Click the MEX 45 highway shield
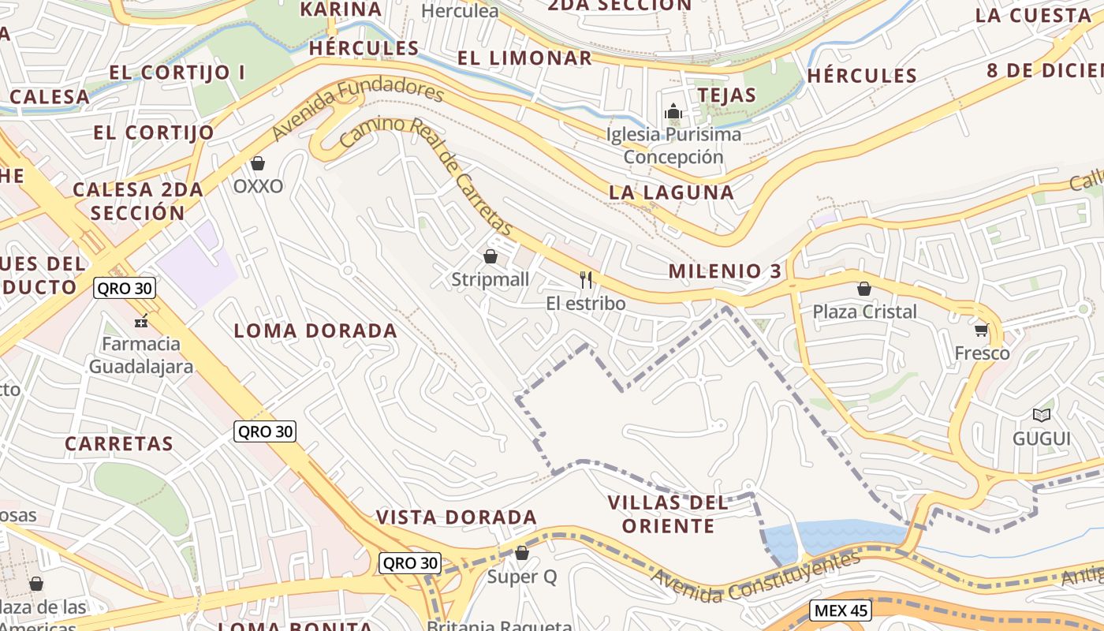click(840, 610)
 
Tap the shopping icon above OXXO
click(257, 163)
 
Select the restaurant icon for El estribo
click(585, 279)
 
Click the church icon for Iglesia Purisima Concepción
click(673, 111)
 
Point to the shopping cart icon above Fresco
click(981, 330)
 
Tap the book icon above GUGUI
click(1042, 415)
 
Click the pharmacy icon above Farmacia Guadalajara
click(141, 320)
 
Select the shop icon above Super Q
click(521, 553)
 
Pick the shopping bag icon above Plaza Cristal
click(864, 288)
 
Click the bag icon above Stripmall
click(490, 256)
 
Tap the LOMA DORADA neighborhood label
click(315, 330)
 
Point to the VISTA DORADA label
click(456, 517)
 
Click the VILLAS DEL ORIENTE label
click(669, 513)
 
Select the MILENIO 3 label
click(725, 271)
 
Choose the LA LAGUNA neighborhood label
click(671, 192)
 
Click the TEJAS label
click(726, 95)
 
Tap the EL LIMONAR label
click(524, 58)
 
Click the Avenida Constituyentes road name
click(755, 579)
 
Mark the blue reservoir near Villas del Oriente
click(836, 536)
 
